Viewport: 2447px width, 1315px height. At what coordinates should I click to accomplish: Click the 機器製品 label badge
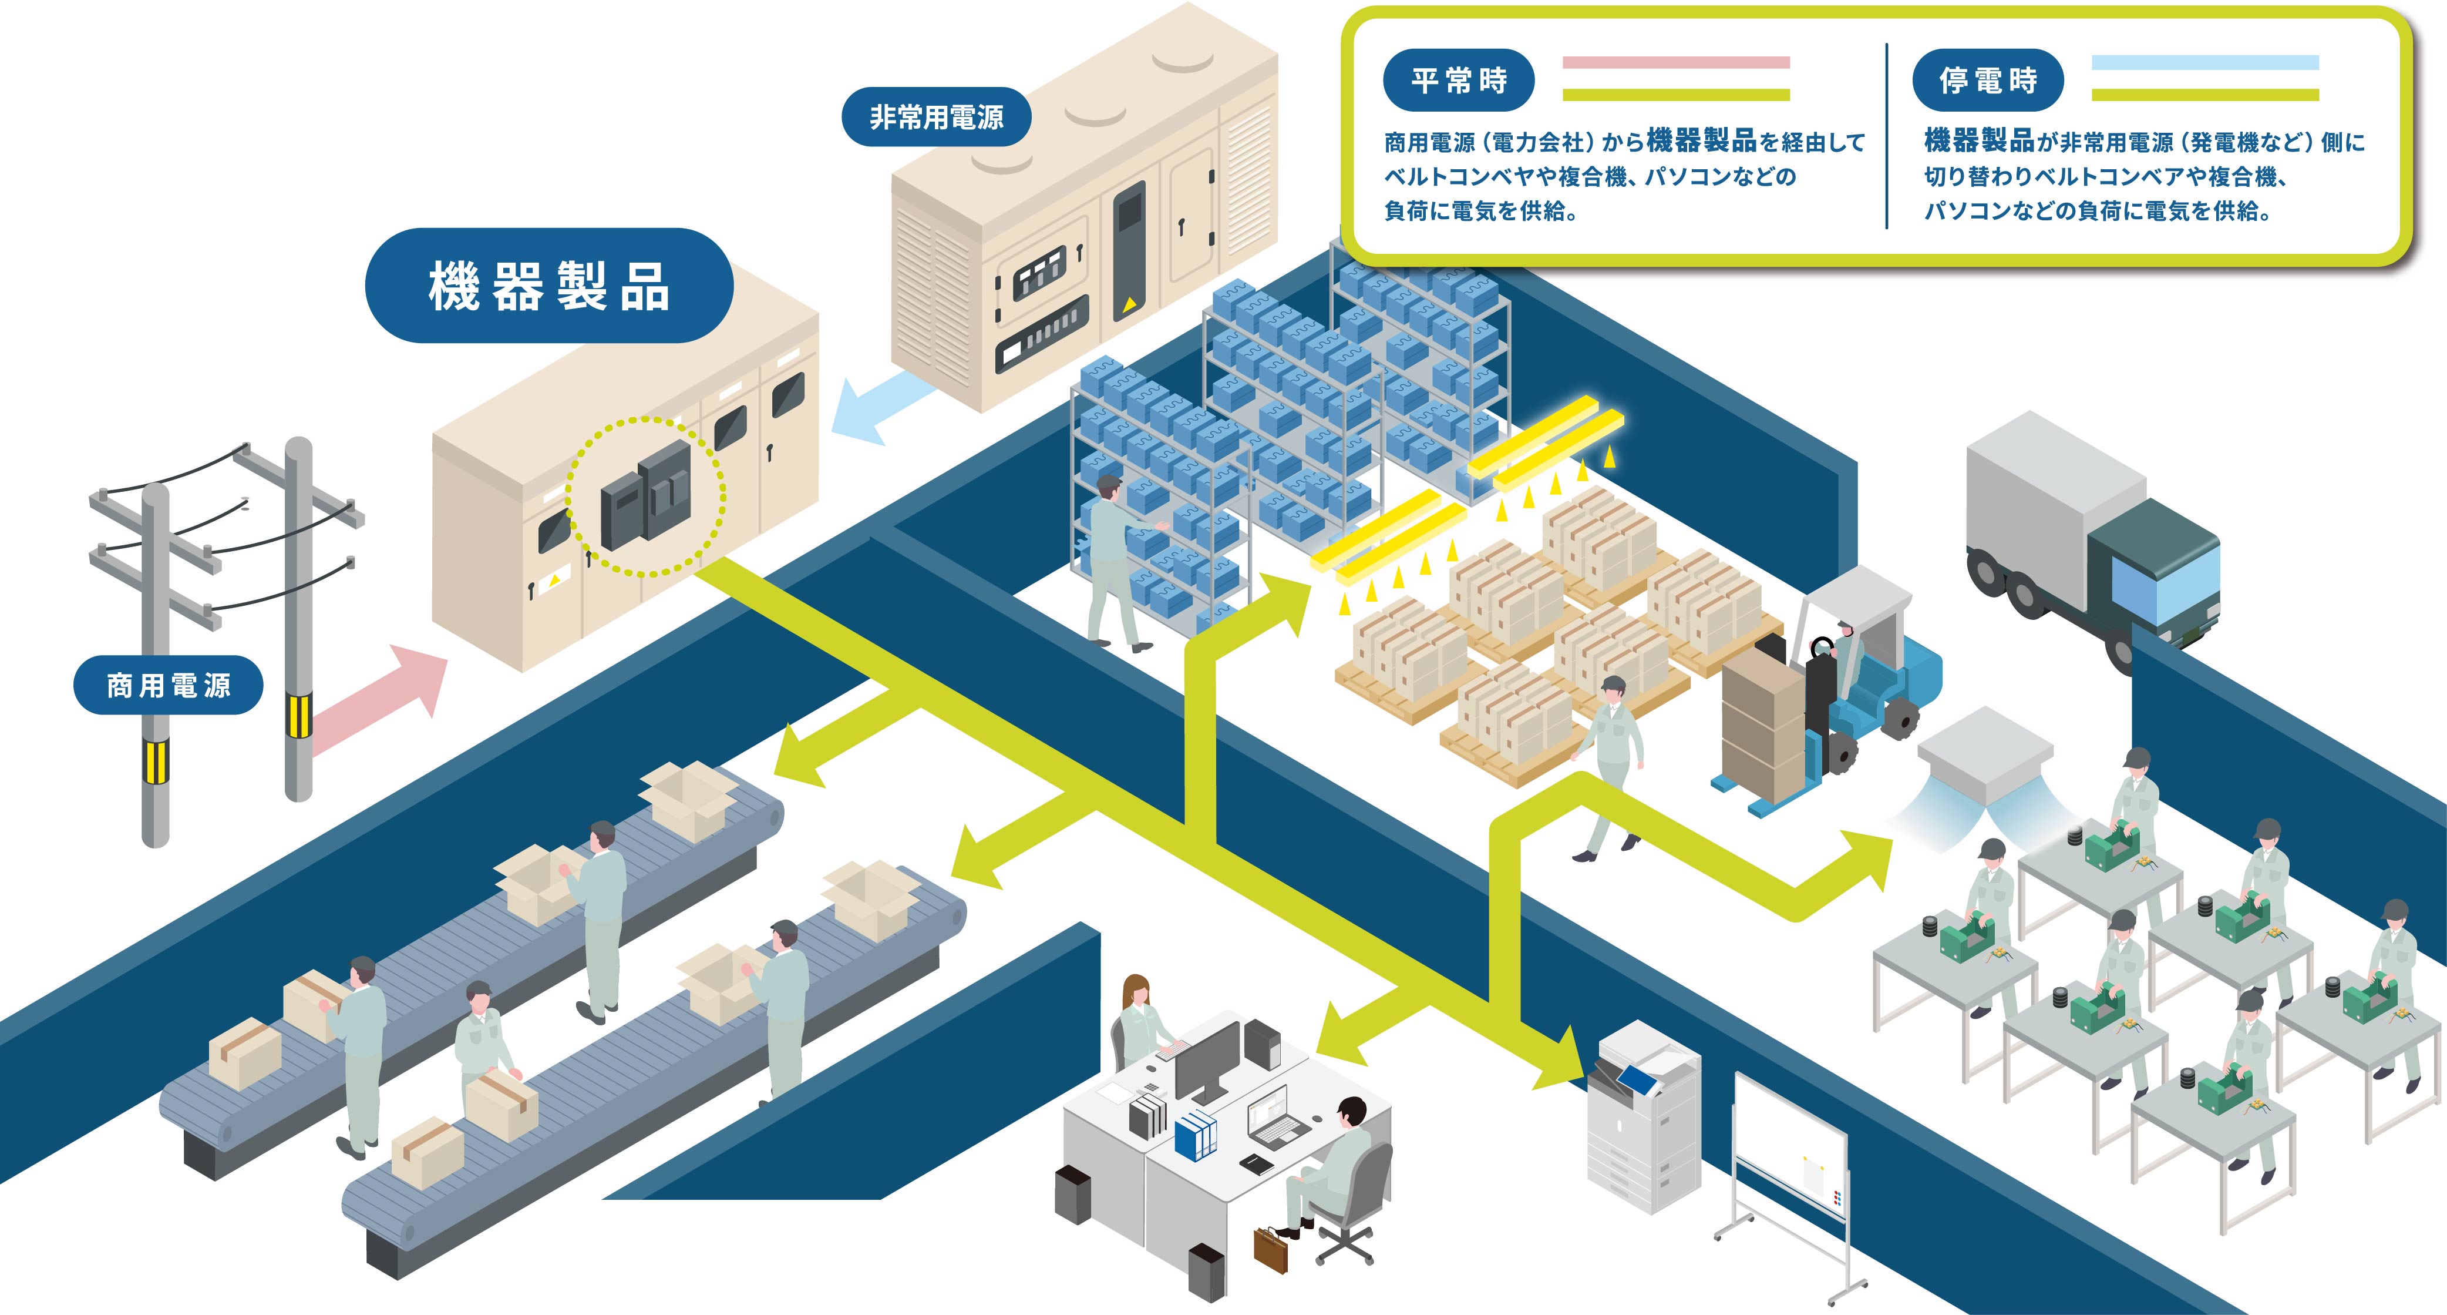549,285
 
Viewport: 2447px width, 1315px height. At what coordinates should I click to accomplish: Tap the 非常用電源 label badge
935,117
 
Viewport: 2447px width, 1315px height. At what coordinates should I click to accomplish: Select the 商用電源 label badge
168,685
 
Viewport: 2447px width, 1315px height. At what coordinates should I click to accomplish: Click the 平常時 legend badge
1458,80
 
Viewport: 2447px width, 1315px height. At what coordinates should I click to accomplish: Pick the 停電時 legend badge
1987,80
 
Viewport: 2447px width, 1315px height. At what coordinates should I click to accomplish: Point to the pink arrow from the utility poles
380,699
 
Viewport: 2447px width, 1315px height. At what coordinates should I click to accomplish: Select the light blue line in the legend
2204,63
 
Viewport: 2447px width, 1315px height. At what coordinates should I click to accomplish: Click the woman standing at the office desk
1139,1021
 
